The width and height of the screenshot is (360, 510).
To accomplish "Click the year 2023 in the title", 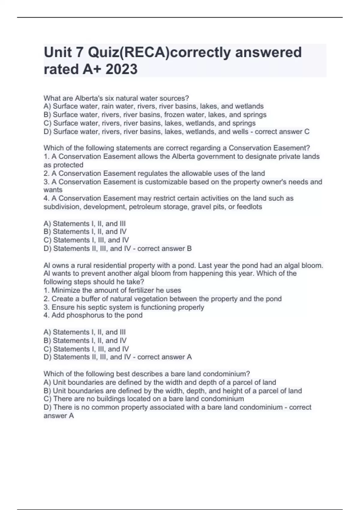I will [121, 69].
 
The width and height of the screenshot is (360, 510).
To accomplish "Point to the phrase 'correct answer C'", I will [282, 132].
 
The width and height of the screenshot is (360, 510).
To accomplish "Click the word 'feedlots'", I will [249, 207].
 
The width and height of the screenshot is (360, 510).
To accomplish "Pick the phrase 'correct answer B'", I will [164, 248].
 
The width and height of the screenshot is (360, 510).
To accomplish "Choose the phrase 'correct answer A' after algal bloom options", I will [164, 357].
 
